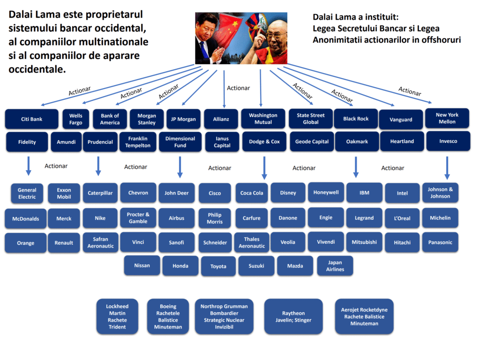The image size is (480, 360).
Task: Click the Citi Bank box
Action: click(x=31, y=119)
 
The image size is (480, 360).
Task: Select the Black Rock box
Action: click(x=356, y=119)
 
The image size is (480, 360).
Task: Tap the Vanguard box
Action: click(x=401, y=120)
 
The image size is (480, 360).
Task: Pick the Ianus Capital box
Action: click(x=222, y=142)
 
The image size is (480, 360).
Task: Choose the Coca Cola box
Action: click(x=252, y=193)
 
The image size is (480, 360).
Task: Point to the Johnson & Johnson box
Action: click(x=440, y=193)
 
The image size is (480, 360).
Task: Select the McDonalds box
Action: click(x=26, y=218)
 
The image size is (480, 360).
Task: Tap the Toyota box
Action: click(x=218, y=266)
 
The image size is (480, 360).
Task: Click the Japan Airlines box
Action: click(x=335, y=266)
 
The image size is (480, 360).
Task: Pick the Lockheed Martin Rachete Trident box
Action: click(x=117, y=316)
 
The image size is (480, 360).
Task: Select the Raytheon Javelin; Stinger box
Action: click(x=293, y=316)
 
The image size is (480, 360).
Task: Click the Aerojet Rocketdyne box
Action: click(x=364, y=316)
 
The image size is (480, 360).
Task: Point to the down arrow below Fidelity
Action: click(x=28, y=166)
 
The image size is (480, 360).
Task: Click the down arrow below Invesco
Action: click(x=447, y=167)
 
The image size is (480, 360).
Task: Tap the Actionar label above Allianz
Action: click(x=238, y=88)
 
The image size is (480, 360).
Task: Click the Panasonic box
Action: click(x=440, y=242)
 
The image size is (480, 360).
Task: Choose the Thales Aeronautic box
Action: click(x=252, y=242)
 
